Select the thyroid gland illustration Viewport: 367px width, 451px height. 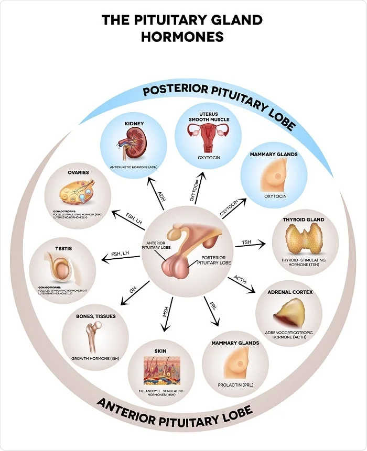click(x=303, y=238)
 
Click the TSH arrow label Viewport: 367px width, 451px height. click(x=246, y=242)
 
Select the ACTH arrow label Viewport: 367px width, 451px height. click(x=240, y=277)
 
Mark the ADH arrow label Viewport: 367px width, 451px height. click(x=161, y=195)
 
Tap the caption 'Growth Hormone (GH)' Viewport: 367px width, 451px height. click(x=95, y=359)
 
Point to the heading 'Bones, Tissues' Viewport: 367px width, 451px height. click(x=95, y=316)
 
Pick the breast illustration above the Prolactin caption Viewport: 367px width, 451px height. click(x=235, y=365)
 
